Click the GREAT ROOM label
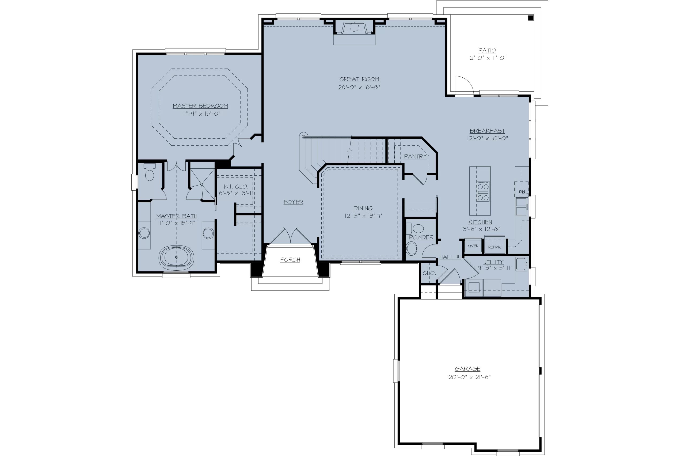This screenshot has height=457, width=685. tap(359, 79)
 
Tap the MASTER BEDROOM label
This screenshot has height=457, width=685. tap(200, 106)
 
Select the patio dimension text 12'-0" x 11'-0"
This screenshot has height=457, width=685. tap(487, 58)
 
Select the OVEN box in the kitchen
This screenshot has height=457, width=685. tap(473, 246)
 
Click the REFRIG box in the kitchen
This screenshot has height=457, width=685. tap(495, 247)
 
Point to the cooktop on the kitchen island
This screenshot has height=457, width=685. tap(483, 191)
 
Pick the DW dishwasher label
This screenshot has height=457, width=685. tap(522, 192)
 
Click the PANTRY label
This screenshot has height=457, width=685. tap(415, 157)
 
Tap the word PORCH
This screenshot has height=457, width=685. tap(290, 259)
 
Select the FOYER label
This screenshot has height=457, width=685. tap(293, 202)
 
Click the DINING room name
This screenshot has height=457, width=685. tap(363, 208)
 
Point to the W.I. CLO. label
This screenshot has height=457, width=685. tap(236, 187)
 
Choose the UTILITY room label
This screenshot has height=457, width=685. tap(493, 262)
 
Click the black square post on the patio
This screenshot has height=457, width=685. tap(531, 18)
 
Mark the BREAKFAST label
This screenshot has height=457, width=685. tap(487, 131)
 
